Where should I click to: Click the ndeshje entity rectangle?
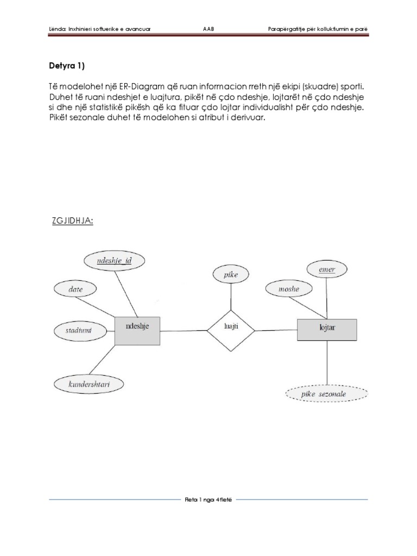[138, 330]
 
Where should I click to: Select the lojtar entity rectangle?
[327, 330]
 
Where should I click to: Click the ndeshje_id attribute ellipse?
[114, 261]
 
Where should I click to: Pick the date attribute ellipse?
[75, 289]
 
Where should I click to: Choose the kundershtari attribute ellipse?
[89, 384]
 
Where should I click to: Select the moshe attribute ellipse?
[289, 289]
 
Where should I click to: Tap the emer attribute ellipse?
[327, 269]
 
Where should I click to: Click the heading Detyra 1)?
[67, 66]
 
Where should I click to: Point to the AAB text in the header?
[208, 28]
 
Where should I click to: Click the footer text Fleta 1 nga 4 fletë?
[208, 499]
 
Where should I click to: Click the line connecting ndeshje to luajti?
[184, 329]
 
